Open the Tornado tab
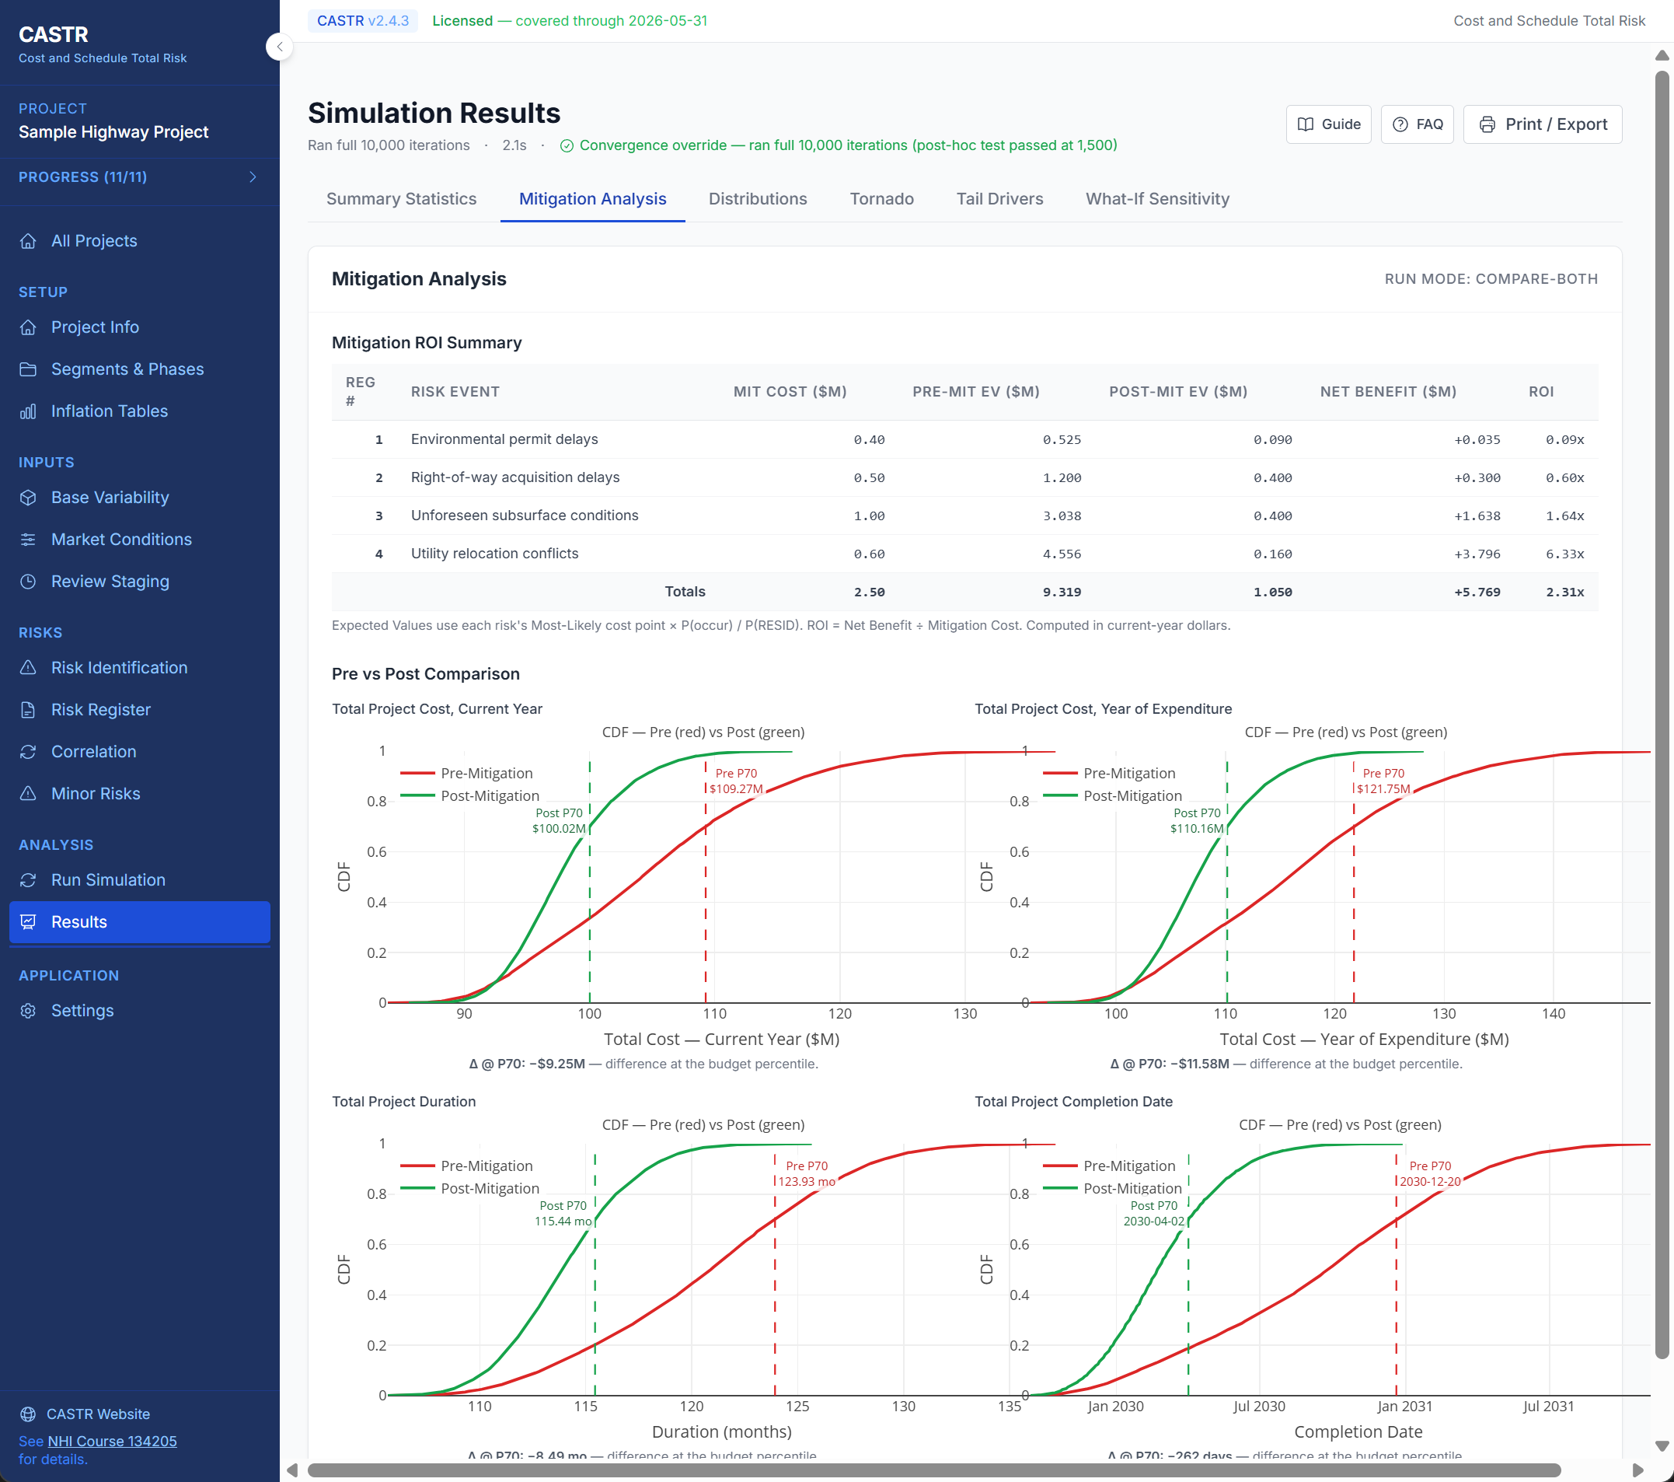pos(881,199)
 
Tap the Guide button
pos(1327,124)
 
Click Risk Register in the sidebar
pos(101,709)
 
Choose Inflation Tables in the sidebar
pos(109,411)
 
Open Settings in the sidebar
pos(82,1010)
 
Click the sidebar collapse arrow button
pos(279,47)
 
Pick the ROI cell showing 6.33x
pos(1564,554)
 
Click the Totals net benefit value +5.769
pos(1477,592)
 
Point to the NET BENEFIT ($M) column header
pos(1387,392)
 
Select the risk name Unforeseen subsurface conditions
pos(524,516)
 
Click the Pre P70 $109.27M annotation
pos(735,781)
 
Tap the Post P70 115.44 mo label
pos(563,1213)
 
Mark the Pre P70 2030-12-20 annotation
pos(1429,1173)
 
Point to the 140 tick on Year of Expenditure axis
pos(1553,1013)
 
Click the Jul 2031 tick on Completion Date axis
pos(1547,1406)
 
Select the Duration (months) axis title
pos(720,1431)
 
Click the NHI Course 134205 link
pos(112,1441)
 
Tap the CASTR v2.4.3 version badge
pos(362,20)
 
